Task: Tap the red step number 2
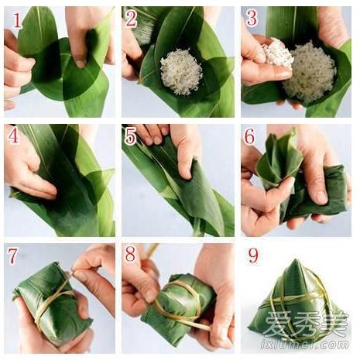(132, 19)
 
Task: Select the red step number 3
(252, 19)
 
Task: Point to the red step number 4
(14, 136)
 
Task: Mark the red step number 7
(14, 255)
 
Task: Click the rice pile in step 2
(180, 71)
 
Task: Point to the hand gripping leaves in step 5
(186, 147)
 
